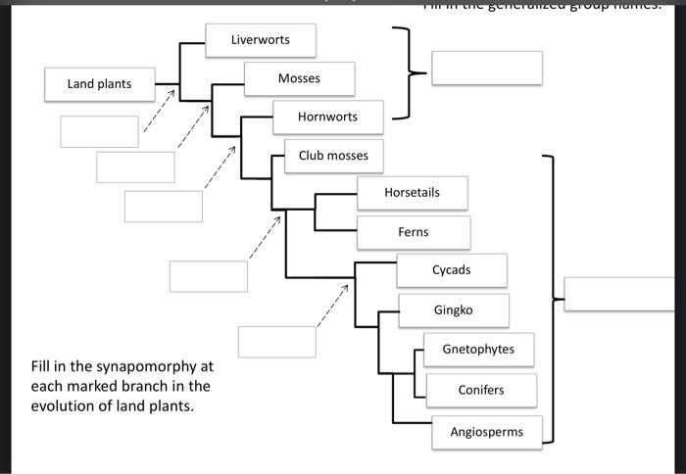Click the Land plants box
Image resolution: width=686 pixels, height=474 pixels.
point(99,84)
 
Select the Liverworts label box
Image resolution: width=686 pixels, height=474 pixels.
point(261,40)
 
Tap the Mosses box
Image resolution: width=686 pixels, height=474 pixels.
point(299,78)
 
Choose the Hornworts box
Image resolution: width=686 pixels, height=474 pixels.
point(328,117)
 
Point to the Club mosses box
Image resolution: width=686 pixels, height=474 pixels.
point(333,156)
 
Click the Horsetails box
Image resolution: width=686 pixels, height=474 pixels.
point(413,193)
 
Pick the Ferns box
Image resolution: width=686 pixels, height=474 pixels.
point(413,232)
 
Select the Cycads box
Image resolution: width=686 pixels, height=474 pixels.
point(452,270)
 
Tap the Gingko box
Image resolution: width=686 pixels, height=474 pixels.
point(453,309)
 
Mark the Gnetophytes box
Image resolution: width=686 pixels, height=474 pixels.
point(478,349)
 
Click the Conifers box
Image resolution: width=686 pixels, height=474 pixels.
point(481,390)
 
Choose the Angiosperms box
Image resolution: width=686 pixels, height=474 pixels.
point(486,432)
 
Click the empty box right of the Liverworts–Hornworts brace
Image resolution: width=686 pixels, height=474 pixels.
point(486,69)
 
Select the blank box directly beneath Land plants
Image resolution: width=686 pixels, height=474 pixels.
point(99,131)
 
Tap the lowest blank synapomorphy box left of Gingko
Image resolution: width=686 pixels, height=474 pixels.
point(276,342)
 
